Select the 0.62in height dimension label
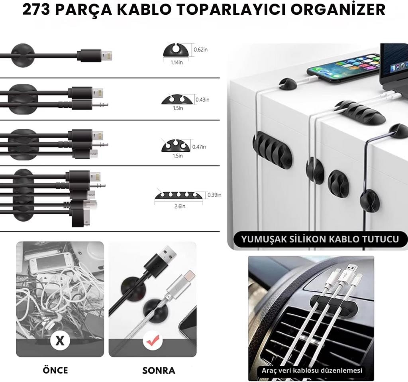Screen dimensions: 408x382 click(201, 49)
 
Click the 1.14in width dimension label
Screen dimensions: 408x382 click(177, 63)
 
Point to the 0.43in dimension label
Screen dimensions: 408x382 click(202, 99)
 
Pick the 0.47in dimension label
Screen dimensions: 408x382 click(199, 147)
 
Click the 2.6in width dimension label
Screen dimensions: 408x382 click(180, 206)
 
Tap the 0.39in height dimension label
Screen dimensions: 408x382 click(214, 195)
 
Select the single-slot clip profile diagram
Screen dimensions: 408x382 click(175, 50)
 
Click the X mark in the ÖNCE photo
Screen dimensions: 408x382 click(60, 340)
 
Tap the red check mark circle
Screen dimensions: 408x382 click(153, 340)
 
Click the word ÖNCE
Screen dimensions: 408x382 click(55, 370)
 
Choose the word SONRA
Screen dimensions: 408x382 click(159, 370)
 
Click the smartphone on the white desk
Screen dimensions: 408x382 click(343, 68)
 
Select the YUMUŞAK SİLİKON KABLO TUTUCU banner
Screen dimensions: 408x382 click(320, 239)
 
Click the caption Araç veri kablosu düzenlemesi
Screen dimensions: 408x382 click(312, 370)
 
